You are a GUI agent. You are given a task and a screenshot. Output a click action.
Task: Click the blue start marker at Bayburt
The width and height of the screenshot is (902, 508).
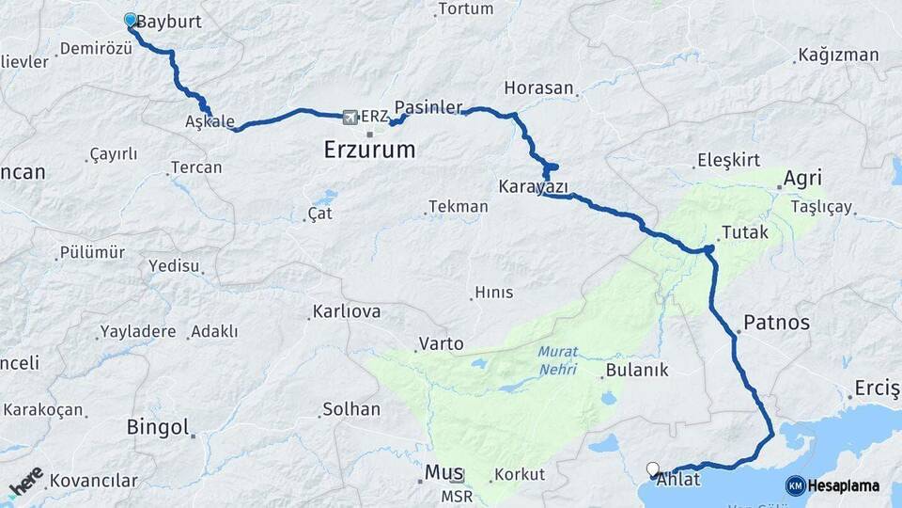click(131, 19)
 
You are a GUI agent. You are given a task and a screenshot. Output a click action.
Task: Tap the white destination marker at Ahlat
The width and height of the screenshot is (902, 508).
click(653, 468)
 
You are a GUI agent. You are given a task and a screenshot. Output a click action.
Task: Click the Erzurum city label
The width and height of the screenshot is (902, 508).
click(369, 150)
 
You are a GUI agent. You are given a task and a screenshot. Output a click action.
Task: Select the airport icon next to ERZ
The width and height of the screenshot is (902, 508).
click(350, 117)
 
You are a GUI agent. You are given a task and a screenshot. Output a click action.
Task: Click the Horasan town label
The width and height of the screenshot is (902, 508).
click(538, 87)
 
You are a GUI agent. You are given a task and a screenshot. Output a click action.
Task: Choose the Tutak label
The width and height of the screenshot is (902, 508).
click(745, 232)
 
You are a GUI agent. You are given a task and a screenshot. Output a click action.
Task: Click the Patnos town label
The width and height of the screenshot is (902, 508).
click(776, 323)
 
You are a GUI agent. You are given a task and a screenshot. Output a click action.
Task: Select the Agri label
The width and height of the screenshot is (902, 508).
click(802, 179)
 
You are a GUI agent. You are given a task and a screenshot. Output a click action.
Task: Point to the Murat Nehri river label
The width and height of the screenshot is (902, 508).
click(558, 359)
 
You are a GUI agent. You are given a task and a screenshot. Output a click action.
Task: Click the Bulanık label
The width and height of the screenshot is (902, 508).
click(637, 370)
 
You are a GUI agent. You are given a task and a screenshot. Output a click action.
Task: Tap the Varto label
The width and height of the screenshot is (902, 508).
click(442, 344)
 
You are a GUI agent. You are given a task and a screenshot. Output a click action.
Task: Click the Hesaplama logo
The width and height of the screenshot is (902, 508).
click(832, 485)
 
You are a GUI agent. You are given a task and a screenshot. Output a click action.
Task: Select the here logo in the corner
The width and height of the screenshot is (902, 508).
click(25, 482)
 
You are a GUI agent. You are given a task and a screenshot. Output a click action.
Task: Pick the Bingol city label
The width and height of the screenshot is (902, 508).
click(159, 427)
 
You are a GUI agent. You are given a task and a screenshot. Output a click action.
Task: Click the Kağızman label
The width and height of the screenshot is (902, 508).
click(838, 55)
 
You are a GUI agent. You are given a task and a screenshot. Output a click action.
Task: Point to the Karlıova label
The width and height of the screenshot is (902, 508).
click(348, 311)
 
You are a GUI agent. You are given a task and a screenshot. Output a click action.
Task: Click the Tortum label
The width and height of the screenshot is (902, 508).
click(465, 8)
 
